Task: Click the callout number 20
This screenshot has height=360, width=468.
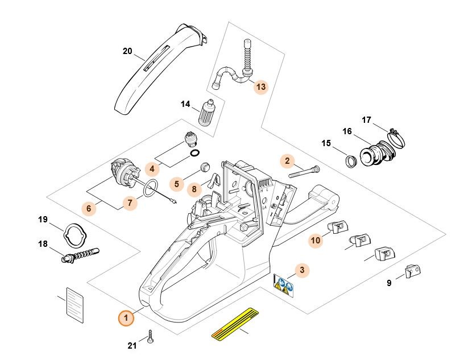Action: (127, 51)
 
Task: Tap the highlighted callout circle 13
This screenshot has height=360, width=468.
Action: (260, 87)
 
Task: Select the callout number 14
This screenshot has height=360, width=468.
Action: (185, 104)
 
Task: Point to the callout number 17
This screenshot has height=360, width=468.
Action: (367, 120)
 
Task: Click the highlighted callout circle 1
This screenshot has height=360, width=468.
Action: (126, 317)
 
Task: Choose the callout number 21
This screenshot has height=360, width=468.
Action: (132, 346)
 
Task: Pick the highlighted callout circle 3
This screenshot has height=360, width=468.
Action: (302, 270)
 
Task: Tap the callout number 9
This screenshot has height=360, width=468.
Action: (389, 283)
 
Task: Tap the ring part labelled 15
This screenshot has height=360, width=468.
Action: (351, 159)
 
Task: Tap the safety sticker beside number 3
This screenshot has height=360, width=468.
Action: (284, 283)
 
